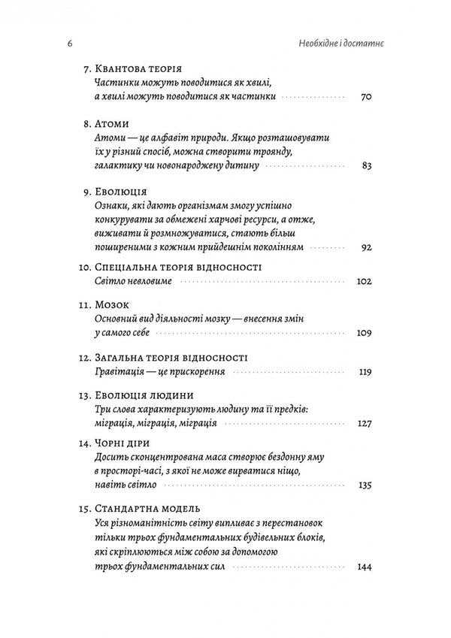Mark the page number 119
tap(365, 372)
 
